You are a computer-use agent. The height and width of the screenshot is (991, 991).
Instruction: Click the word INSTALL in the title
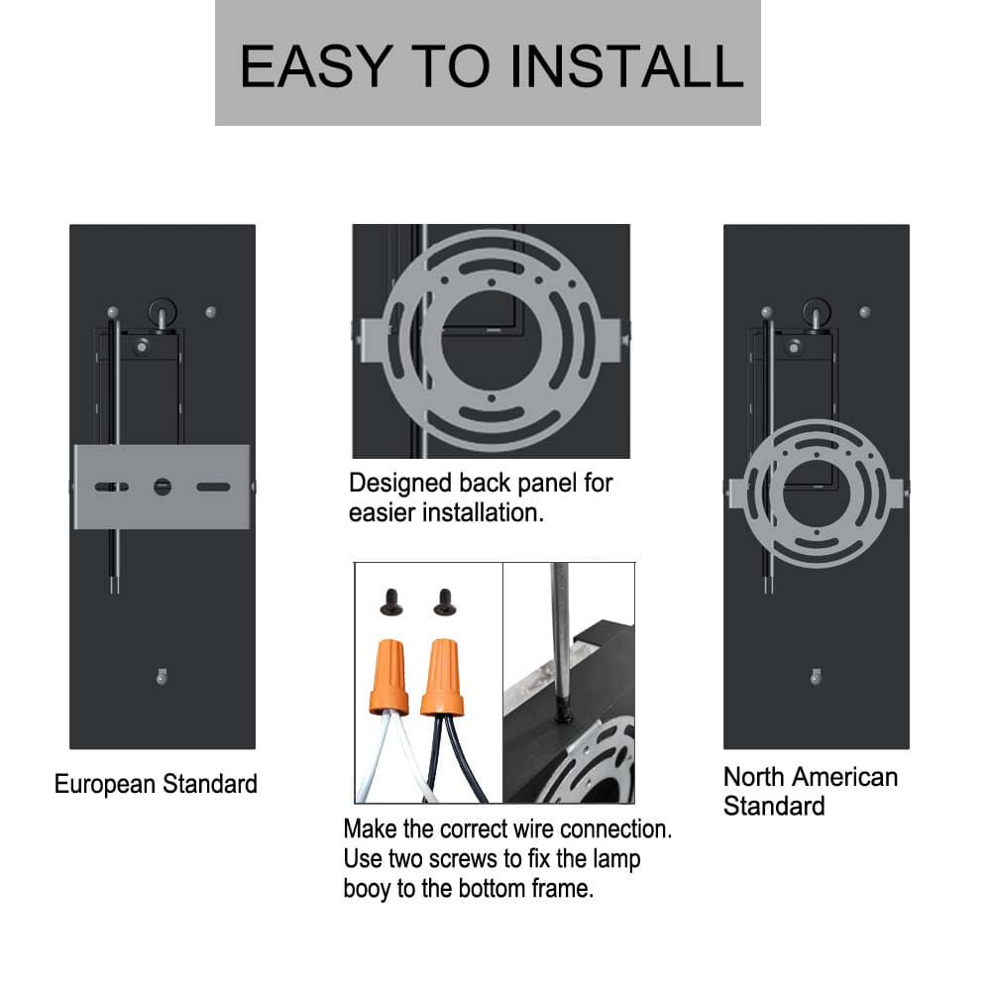626,66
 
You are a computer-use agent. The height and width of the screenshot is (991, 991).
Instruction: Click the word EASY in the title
316,66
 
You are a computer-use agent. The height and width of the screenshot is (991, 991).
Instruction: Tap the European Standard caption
156,784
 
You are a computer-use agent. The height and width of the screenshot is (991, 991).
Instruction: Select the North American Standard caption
811,791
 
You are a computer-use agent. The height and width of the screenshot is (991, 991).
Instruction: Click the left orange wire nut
389,677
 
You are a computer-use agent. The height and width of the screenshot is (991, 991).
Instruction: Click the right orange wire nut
442,677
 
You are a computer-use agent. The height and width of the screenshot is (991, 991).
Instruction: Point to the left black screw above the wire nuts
391,603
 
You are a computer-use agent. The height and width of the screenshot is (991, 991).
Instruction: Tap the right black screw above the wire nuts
445,603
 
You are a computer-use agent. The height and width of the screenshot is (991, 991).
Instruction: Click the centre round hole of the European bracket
163,487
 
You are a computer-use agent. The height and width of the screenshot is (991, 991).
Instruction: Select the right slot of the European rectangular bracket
214,487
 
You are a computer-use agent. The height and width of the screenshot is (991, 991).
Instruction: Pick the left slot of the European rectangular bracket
112,487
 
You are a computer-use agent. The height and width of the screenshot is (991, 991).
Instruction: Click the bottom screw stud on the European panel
162,677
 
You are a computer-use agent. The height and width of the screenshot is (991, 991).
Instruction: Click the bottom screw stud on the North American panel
816,677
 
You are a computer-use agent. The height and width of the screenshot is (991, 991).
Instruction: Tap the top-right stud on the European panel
211,311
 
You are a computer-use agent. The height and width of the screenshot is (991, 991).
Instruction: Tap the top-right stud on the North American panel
865,311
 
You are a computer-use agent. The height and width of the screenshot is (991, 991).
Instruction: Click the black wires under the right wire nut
454,758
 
